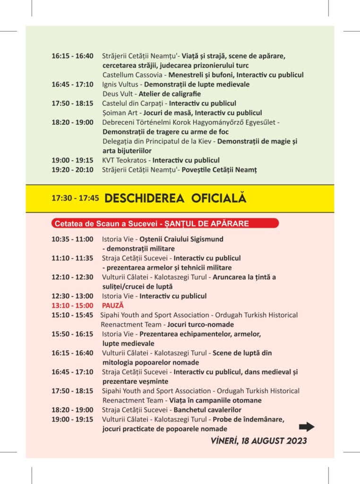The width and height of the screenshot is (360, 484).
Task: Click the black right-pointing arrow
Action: coord(307,427)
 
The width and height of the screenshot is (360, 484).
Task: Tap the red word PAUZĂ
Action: coord(113,305)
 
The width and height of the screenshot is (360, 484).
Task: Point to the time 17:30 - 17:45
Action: coord(75,199)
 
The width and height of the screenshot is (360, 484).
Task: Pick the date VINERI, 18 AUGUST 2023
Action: coord(259,441)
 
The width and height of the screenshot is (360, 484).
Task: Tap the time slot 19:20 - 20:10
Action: coord(72,169)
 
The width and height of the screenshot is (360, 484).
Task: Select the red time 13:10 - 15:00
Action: coord(72,305)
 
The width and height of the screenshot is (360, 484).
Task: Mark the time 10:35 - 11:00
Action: coord(72,239)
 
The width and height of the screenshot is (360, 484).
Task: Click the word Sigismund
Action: coord(206,239)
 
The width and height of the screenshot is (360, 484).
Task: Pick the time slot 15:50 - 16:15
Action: coord(72,334)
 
